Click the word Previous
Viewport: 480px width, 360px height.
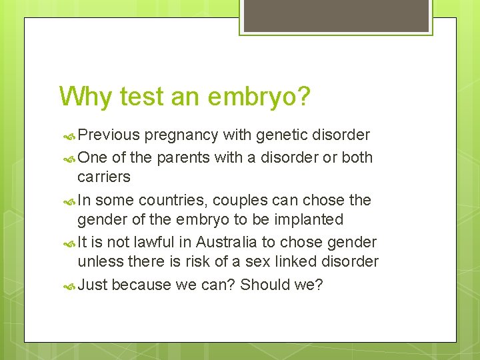pyautogui.click(x=109, y=135)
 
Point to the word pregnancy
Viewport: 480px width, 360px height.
pyautogui.click(x=181, y=135)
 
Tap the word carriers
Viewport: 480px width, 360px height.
pyautogui.click(x=104, y=177)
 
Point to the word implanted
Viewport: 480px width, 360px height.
pyautogui.click(x=310, y=219)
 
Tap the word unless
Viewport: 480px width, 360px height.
pyautogui.click(x=97, y=261)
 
